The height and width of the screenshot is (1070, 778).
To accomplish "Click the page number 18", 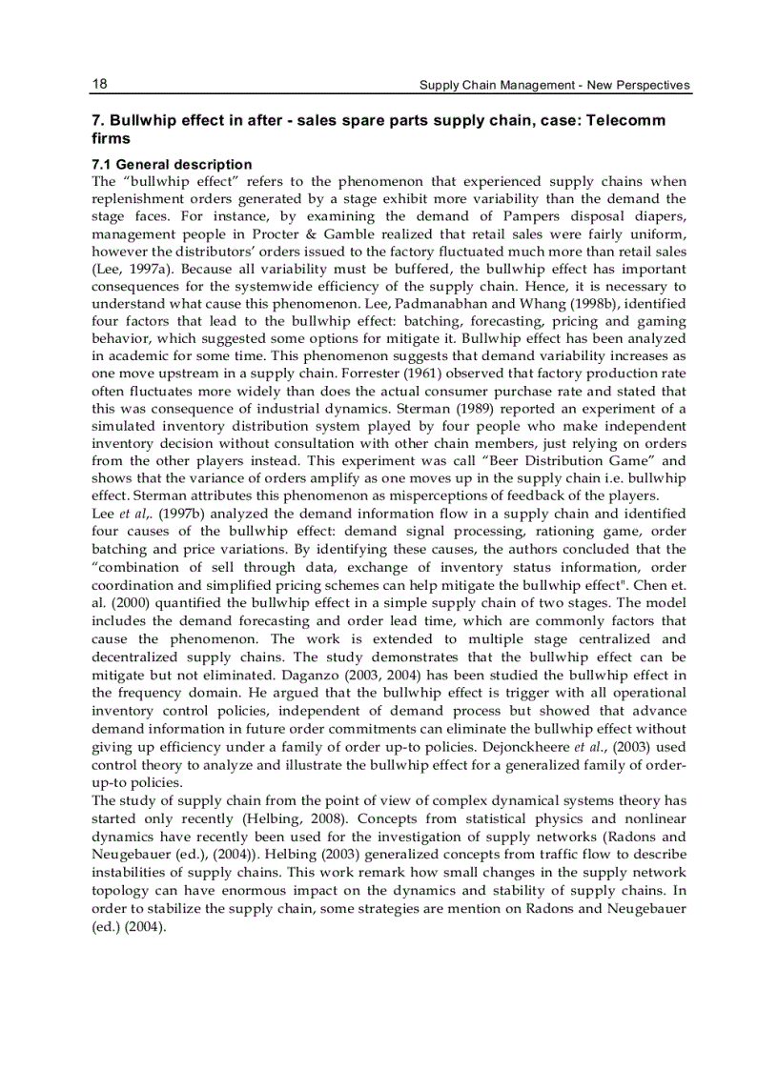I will (99, 84).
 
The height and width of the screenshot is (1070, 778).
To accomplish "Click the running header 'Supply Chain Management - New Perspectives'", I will (555, 85).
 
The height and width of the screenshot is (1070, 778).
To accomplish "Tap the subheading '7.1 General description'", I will (172, 165).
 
